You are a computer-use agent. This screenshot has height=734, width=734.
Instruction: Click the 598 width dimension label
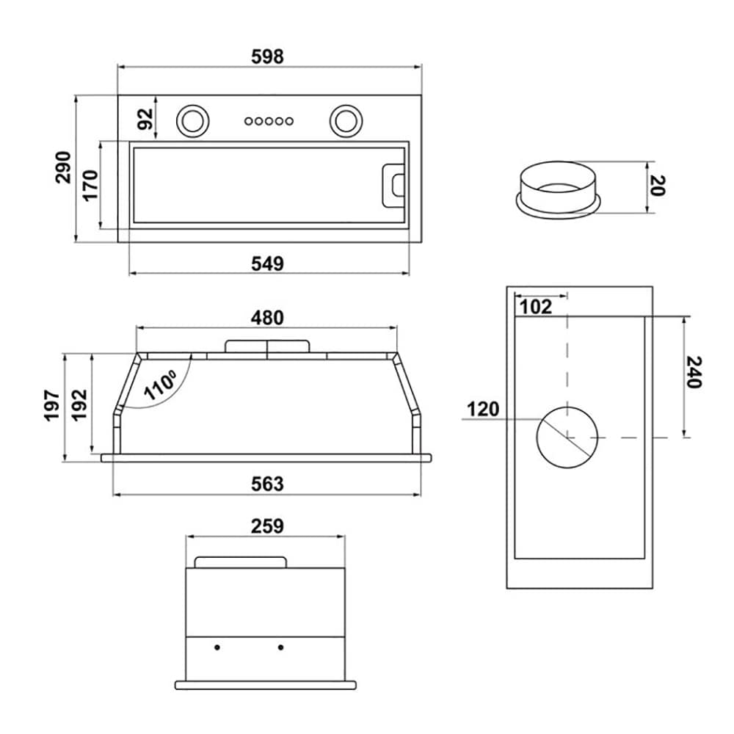pos(267,57)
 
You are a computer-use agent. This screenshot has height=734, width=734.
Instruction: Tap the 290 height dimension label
pos(63,167)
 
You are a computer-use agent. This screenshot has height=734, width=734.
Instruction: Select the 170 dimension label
pos(90,186)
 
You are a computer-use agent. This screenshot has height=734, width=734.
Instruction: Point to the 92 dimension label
pos(145,119)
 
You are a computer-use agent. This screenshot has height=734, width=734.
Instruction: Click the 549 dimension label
pos(267,264)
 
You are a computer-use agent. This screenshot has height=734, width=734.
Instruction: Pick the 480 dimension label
pos(267,318)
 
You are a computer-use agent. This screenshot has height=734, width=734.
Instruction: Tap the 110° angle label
pos(160,385)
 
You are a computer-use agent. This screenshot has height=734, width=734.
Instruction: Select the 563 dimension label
pos(267,484)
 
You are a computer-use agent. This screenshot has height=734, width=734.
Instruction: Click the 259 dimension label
pos(267,526)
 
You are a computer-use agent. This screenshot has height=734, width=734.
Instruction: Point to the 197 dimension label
pos(52,405)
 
